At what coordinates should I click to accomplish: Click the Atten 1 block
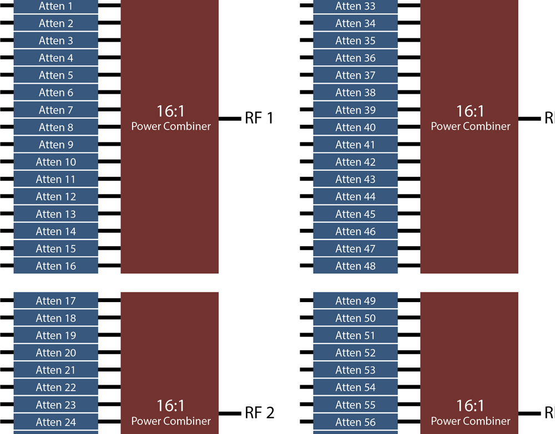point(56,7)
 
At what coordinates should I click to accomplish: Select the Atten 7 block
point(56,110)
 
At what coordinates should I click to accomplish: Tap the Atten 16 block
point(56,265)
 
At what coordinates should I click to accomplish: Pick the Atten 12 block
point(56,196)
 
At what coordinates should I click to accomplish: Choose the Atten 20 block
point(56,353)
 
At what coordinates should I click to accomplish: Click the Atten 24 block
point(56,422)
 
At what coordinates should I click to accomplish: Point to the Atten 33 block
point(355,7)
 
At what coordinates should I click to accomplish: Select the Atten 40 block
point(355,127)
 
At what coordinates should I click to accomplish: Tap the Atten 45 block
point(355,214)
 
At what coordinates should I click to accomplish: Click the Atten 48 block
point(355,265)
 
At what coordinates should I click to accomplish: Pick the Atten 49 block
point(355,300)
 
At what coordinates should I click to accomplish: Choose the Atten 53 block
point(355,370)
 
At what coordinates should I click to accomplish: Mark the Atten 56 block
point(355,422)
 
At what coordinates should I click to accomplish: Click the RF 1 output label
point(259,118)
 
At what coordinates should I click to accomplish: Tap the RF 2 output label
point(259,413)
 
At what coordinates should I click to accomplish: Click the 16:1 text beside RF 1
point(170,111)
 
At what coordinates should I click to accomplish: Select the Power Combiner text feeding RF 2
point(170,421)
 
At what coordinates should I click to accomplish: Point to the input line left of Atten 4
point(7,58)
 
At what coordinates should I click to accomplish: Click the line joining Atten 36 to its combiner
point(409,58)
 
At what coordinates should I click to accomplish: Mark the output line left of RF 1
point(229,118)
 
